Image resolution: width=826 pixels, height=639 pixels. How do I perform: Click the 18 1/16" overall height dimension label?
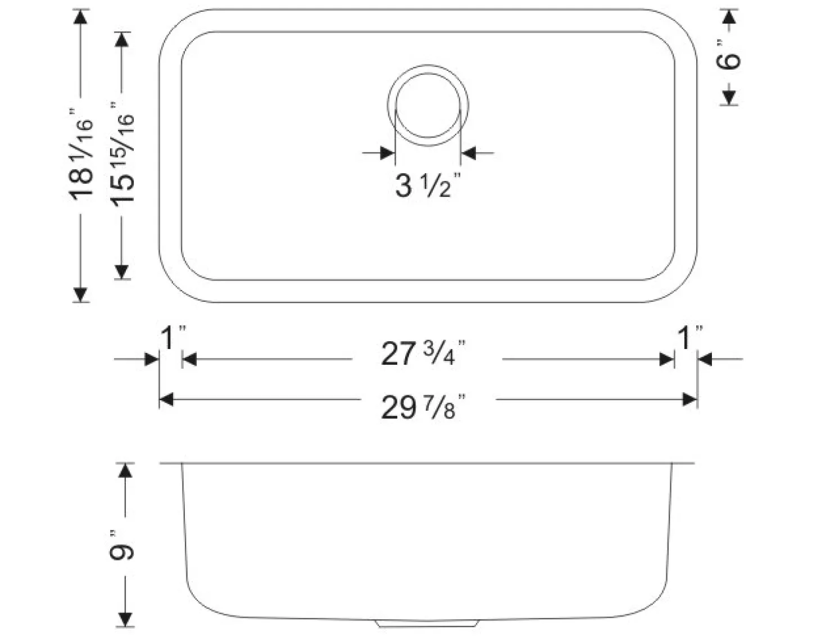pos(80,155)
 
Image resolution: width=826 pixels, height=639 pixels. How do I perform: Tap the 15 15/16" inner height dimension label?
pos(122,155)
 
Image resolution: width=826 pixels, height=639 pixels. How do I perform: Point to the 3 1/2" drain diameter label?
pos(428,185)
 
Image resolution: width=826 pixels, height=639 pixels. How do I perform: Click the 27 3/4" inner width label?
pos(423,353)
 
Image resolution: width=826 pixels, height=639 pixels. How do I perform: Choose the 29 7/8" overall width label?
pos(423,407)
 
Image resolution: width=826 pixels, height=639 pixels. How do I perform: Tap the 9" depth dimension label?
pos(121,547)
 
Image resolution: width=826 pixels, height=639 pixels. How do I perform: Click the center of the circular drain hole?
pos(428,105)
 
